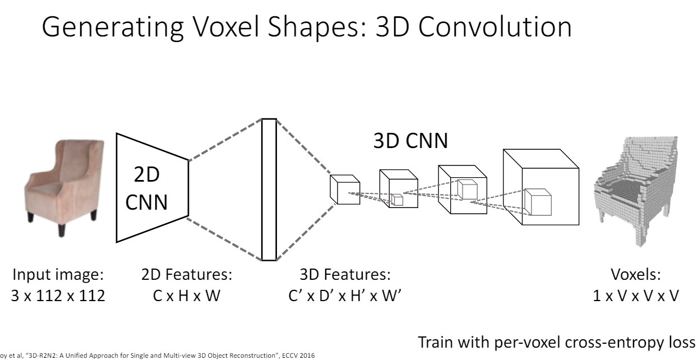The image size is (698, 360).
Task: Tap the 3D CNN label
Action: click(410, 141)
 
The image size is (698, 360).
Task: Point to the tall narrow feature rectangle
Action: click(269, 190)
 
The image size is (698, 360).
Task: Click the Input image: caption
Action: click(58, 275)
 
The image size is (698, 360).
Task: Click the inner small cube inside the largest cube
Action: click(538, 202)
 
